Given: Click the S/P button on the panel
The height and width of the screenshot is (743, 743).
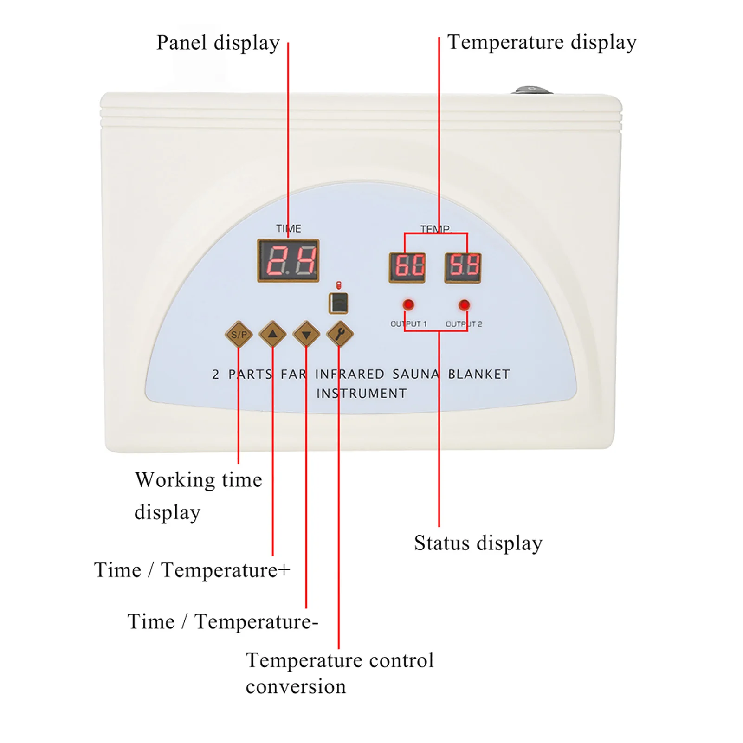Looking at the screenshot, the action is coord(239,334).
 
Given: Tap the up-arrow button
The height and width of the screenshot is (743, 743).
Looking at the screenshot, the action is coord(272,334).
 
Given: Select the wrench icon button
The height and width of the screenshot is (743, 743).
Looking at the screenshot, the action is coord(340,334).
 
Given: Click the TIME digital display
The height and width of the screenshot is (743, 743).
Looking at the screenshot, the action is coord(288,261).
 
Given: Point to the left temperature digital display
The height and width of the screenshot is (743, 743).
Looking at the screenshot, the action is coord(407,268).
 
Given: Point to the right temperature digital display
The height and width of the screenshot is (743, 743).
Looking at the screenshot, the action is coord(463,268).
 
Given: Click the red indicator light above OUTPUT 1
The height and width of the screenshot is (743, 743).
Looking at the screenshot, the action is coord(408,305).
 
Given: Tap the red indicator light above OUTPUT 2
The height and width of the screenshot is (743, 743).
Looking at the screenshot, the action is coord(464,305).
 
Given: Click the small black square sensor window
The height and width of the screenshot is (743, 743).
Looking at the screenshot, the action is coord(338,304).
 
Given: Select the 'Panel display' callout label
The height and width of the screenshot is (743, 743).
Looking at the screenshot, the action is coord(218,43).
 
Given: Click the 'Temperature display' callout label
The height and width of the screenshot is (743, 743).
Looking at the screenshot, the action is coord(542,43).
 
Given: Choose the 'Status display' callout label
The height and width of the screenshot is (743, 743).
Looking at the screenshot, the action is coord(478,543).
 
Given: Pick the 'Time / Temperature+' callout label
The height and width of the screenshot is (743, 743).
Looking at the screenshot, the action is coord(192,570).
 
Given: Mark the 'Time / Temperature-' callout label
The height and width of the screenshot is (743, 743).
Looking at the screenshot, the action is coord(223,621).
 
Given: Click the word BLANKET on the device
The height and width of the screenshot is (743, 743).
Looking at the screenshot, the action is coord(479,374).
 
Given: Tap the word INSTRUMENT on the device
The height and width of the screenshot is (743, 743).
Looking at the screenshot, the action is coord(362,394).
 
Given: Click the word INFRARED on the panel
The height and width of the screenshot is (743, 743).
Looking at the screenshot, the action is coord(350,374).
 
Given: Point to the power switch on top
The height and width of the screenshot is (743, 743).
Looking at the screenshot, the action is coord(532,90).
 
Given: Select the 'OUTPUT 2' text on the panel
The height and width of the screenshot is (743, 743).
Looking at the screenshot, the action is coord(464,324).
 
